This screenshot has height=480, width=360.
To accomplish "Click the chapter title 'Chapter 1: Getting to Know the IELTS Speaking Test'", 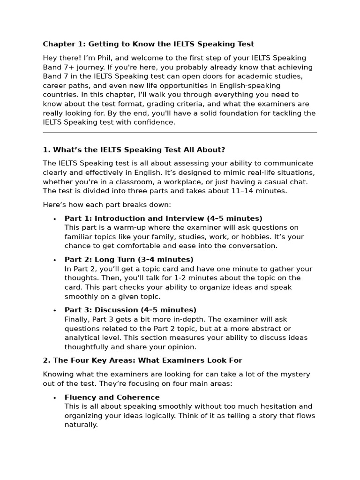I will [x=148, y=44].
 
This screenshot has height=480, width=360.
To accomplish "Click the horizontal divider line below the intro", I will [x=180, y=133].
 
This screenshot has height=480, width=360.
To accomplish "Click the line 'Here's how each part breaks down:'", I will [x=107, y=205].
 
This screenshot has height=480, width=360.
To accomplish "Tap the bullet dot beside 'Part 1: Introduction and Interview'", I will [x=55, y=219].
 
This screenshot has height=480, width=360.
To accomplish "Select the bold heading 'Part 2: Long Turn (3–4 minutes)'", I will [x=129, y=260].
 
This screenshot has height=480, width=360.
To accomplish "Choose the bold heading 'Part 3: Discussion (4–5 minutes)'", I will [x=130, y=310].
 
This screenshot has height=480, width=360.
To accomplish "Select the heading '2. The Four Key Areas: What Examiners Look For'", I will [x=142, y=360].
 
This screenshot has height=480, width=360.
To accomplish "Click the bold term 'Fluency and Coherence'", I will [x=112, y=397].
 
